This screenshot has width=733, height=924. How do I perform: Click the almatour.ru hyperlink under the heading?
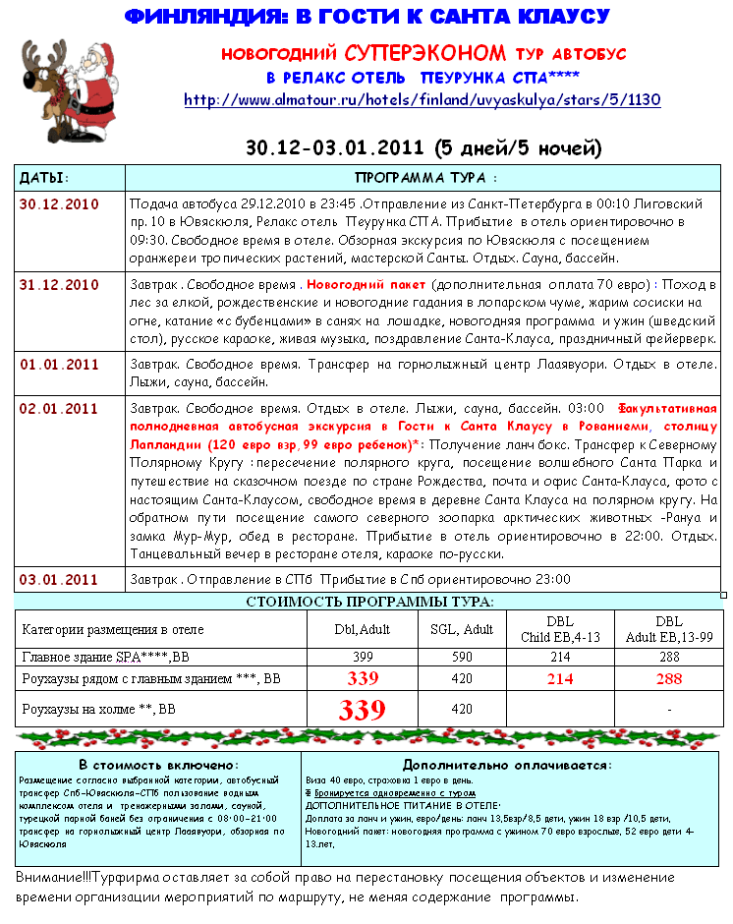coord(423,99)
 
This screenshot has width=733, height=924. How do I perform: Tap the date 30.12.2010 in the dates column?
coord(60,204)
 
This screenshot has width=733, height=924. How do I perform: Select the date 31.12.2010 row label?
coord(60,285)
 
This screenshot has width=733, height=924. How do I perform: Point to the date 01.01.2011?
coord(60,365)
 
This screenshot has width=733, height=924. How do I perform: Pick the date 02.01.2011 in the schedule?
coord(60,409)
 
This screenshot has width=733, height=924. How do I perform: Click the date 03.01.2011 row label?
coord(60,579)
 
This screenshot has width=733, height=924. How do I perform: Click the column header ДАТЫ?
coord(45,178)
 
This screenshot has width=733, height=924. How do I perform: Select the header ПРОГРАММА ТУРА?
coord(425,178)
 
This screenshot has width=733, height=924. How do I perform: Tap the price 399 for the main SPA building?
coord(363,657)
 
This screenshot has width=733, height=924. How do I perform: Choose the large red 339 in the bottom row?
coord(363,711)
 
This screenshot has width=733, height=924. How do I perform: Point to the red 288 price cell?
coord(668,677)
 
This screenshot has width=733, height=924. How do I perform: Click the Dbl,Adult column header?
coord(363,629)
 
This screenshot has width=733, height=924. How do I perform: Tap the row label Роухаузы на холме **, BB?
coord(98,709)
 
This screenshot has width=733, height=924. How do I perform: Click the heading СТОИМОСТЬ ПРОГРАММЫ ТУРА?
coord(369,601)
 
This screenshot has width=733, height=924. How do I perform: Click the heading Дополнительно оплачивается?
coord(507,764)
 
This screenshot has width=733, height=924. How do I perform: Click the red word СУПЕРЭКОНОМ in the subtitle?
coord(426,52)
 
